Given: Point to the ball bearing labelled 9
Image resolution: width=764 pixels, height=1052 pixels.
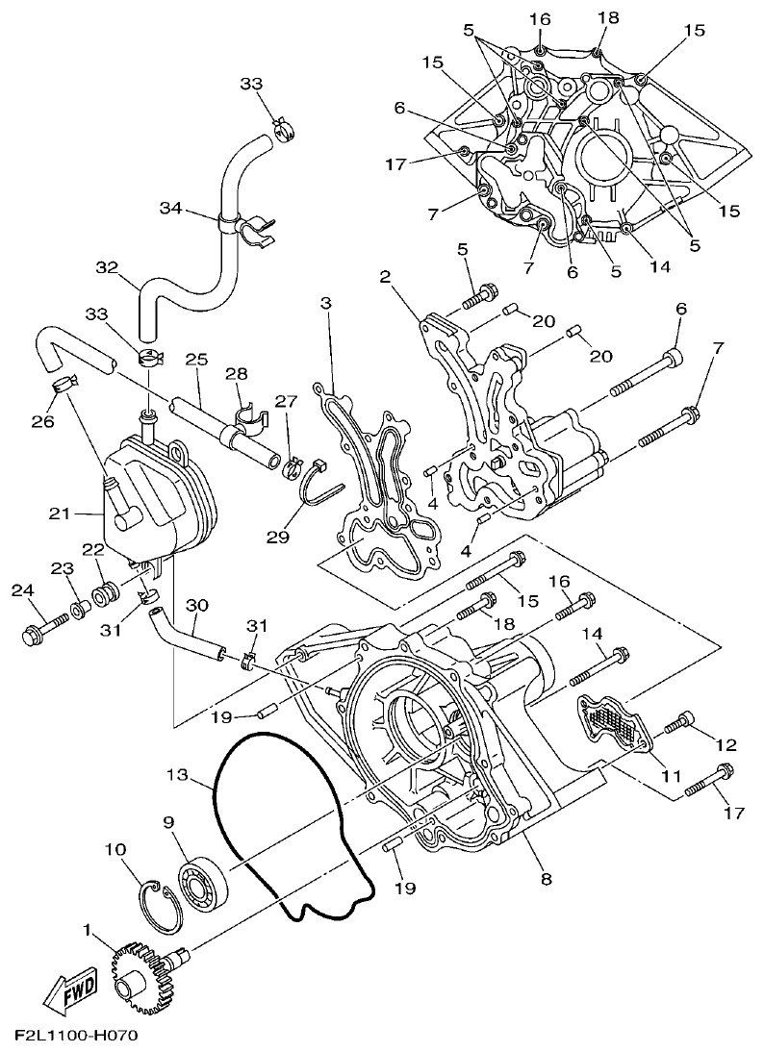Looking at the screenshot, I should coord(202,881).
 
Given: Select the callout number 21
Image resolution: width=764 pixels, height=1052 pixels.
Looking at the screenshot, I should coord(60,514).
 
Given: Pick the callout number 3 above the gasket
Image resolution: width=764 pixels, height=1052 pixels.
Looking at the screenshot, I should coord(326,303).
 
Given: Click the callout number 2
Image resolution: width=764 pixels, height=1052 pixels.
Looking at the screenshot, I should coord(386,277).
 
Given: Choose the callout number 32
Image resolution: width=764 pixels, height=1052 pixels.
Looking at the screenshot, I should coord(107,266).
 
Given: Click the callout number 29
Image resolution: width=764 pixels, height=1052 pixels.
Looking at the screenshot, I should coord(278,537).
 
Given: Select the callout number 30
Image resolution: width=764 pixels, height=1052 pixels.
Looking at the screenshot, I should coord(196,605).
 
